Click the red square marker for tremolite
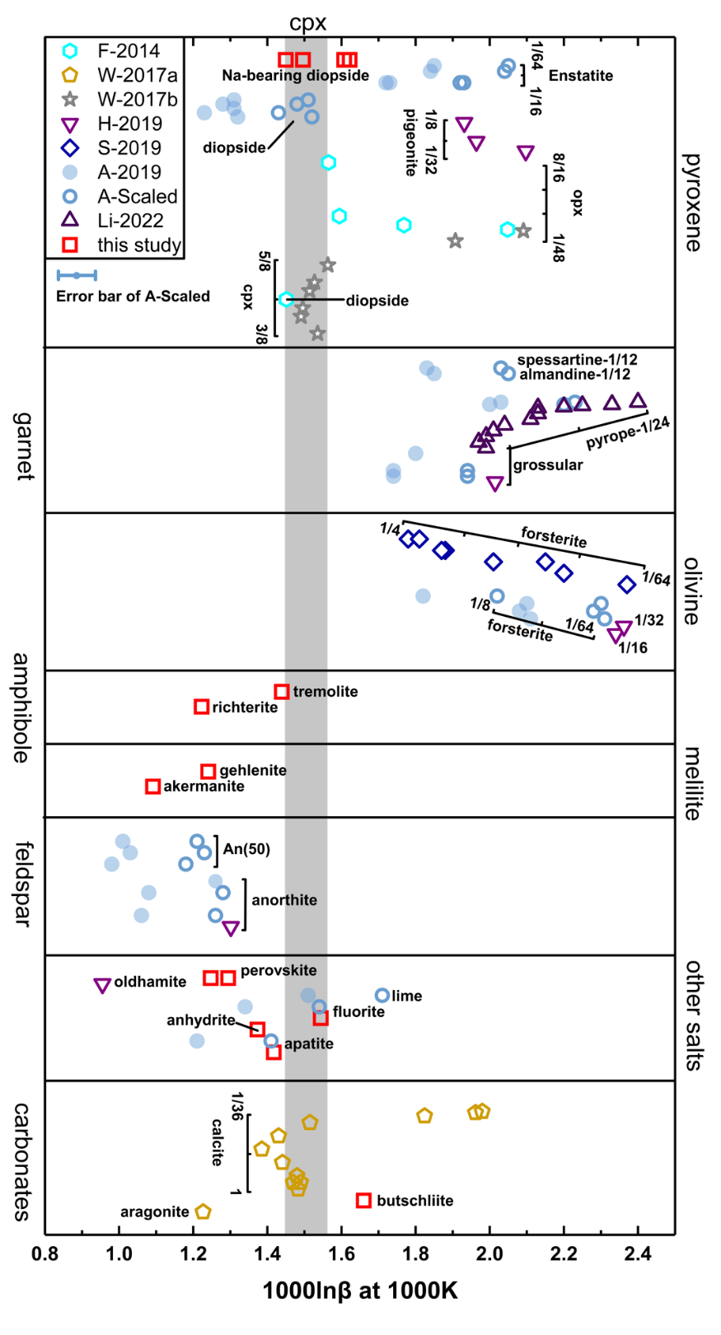(x=282, y=692)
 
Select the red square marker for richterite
(x=201, y=707)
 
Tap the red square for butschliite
(x=363, y=1200)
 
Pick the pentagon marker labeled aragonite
(x=204, y=1211)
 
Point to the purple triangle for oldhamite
(x=102, y=985)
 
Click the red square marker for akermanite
(x=152, y=787)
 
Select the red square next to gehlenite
(x=208, y=771)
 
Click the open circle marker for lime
(x=382, y=995)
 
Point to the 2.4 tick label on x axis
(x=638, y=1255)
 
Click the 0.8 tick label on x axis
(x=45, y=1255)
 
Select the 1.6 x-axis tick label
(x=341, y=1255)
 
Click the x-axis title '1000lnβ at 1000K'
(x=360, y=1291)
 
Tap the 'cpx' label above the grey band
(x=307, y=23)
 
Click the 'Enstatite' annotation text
(x=581, y=76)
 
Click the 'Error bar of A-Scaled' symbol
(x=77, y=275)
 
